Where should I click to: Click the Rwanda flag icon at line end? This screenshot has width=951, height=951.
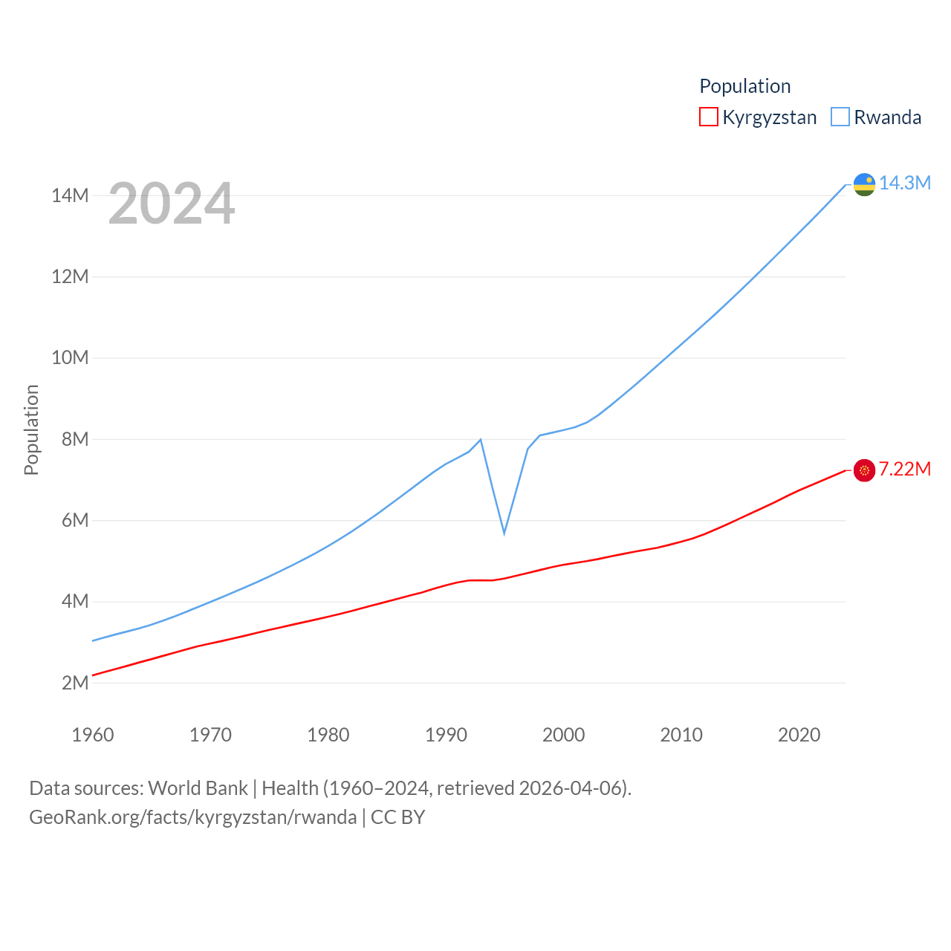click(x=864, y=184)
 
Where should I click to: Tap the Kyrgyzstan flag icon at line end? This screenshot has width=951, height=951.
click(x=864, y=470)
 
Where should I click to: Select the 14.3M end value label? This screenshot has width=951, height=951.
click(x=905, y=183)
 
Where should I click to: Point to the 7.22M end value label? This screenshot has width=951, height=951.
click(x=905, y=469)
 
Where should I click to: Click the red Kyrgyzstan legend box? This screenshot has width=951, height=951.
click(x=709, y=117)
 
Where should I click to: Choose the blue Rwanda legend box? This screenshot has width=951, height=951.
click(x=840, y=117)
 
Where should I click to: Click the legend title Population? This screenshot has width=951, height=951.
click(x=744, y=86)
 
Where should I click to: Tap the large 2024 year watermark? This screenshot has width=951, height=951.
click(x=172, y=204)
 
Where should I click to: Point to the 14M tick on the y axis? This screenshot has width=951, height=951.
click(x=70, y=196)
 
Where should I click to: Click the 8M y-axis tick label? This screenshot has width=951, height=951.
click(x=75, y=439)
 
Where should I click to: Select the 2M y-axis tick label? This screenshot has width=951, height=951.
click(x=75, y=683)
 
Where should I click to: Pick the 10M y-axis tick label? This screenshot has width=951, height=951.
click(x=70, y=358)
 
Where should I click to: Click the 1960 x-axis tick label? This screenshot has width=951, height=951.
click(x=93, y=735)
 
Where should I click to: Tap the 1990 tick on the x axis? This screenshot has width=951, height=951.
click(x=446, y=735)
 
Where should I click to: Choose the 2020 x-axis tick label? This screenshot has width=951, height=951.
click(x=799, y=735)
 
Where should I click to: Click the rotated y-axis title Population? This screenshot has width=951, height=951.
click(x=31, y=429)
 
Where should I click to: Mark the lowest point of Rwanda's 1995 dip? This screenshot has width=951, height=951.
click(x=504, y=533)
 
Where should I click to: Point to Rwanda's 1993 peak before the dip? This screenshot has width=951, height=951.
click(x=481, y=440)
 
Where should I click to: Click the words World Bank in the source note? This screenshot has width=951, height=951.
click(x=198, y=788)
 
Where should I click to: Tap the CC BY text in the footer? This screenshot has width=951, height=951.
click(x=397, y=817)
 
